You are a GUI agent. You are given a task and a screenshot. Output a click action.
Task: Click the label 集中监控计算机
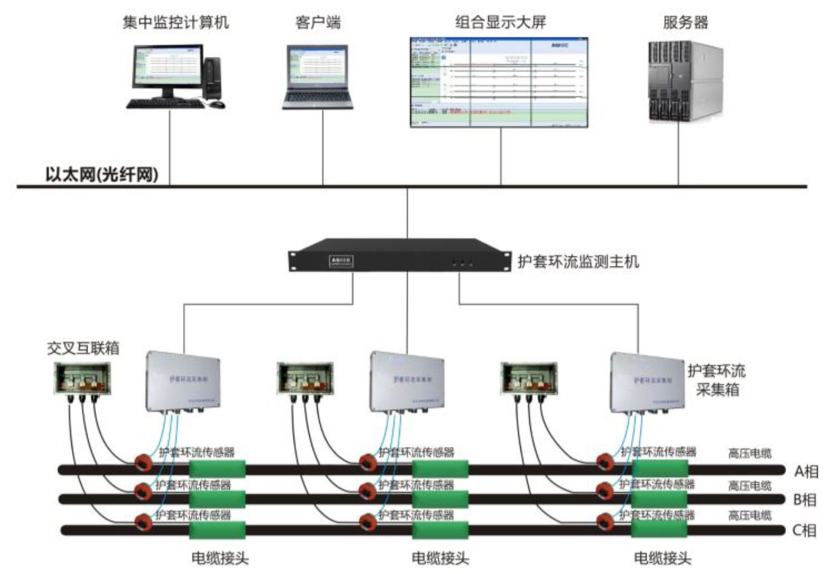(x=175, y=22)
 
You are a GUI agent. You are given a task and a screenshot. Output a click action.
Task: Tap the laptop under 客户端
(x=318, y=77)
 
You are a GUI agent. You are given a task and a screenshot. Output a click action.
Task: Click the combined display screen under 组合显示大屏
(x=499, y=82)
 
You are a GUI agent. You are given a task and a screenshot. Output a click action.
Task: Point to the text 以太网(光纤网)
(x=102, y=174)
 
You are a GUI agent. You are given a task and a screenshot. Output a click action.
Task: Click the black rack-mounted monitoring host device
(x=399, y=255)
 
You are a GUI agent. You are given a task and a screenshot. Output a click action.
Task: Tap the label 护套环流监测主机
(x=578, y=261)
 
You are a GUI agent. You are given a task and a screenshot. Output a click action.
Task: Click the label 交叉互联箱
(x=83, y=348)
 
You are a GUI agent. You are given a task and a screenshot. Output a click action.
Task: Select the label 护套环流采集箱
(x=716, y=380)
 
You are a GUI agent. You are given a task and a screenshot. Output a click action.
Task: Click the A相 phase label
(x=806, y=471)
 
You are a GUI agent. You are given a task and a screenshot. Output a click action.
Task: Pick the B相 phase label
(x=805, y=500)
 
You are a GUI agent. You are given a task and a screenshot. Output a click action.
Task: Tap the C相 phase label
(x=804, y=531)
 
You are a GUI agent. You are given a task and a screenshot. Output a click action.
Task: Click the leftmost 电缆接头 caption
(x=220, y=558)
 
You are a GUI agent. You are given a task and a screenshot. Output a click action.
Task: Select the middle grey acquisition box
(x=407, y=381)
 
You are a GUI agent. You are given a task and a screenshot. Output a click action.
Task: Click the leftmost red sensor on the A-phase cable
(x=142, y=462)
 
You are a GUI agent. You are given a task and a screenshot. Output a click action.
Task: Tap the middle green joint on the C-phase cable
(x=440, y=530)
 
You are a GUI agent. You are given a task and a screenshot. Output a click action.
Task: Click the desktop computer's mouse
(x=217, y=105)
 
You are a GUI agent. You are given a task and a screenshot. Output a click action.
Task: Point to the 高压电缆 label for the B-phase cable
(x=749, y=486)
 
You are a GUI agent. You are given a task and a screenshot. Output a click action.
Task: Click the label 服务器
(x=685, y=22)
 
